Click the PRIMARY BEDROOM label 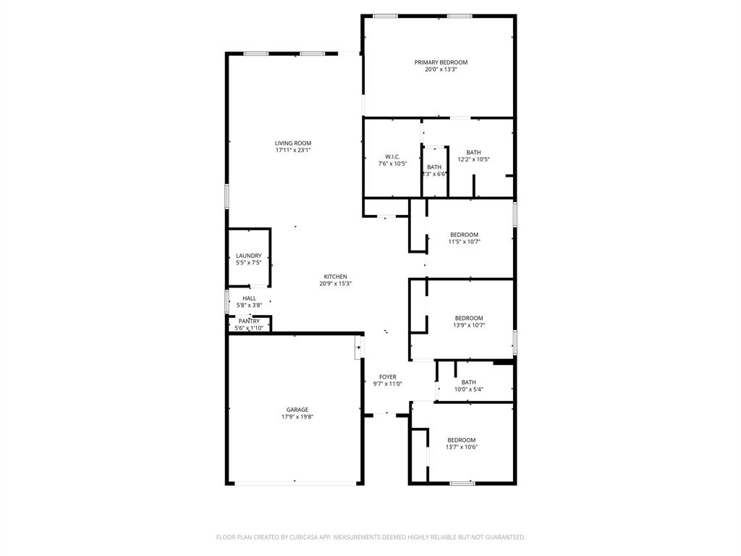(441, 62)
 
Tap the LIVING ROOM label (293, 143)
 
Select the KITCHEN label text (335, 277)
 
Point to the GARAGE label (297, 410)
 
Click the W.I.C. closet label (392, 156)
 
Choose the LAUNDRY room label (248, 256)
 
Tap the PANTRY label (249, 321)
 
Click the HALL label (249, 298)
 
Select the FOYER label (388, 377)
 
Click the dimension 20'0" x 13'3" (441, 69)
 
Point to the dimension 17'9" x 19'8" (297, 417)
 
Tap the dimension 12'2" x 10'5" (473, 159)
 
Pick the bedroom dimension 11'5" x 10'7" (464, 242)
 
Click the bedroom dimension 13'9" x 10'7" (469, 326)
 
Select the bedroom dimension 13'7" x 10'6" (461, 447)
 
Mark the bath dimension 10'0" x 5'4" (468, 389)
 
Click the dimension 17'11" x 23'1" (293, 151)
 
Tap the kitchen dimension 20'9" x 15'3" (335, 284)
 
